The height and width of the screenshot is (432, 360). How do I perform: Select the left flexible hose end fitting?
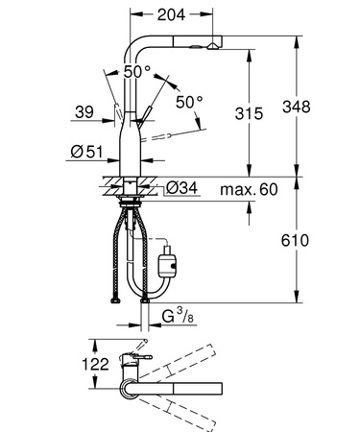tap(116, 300)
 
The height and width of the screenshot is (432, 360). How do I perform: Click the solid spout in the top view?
tap(182, 388)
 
